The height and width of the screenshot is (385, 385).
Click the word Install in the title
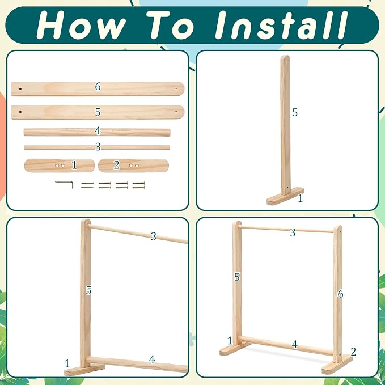point(281,25)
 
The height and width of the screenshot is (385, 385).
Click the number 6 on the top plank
point(98,86)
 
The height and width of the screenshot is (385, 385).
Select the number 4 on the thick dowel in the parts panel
point(98,131)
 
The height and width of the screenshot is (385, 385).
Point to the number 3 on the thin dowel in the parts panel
point(98,147)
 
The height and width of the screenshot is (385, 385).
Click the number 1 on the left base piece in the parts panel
point(74,165)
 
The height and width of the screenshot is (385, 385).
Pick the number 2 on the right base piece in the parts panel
point(116,165)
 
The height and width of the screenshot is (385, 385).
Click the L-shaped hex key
point(64,184)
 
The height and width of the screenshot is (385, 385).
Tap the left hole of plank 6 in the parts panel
point(20,88)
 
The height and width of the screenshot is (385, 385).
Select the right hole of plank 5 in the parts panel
point(176,112)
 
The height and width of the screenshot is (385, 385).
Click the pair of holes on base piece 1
point(60,166)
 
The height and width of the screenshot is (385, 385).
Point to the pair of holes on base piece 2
point(134,166)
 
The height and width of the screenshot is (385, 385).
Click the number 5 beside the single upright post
point(295,112)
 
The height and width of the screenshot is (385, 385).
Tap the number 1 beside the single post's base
point(300,198)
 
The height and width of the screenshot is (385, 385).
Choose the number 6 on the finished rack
point(340,294)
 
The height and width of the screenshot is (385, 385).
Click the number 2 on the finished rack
point(353,352)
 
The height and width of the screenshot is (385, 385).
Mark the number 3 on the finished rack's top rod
point(293,232)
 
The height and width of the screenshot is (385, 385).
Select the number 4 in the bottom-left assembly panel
point(152,360)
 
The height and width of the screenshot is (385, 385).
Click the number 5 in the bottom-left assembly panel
point(88,290)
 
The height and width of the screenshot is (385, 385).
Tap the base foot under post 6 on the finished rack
point(337,365)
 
